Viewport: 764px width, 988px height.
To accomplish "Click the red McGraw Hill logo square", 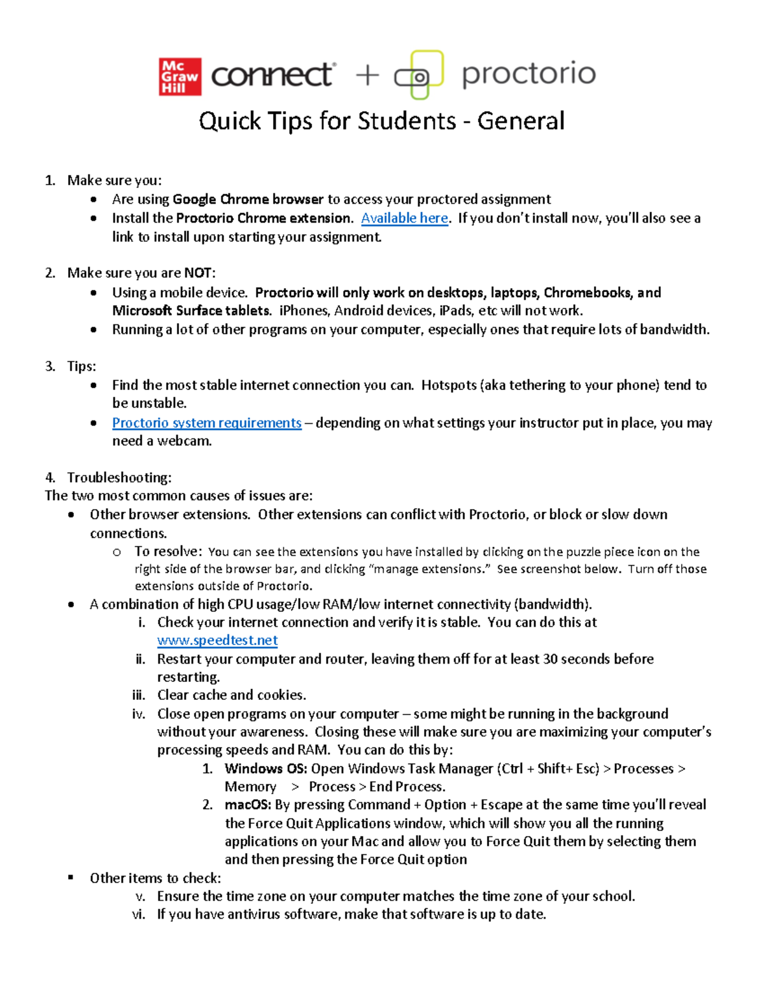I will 180,77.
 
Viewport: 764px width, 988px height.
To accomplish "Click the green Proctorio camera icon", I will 419,76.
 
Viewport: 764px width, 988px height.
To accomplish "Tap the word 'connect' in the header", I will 272,76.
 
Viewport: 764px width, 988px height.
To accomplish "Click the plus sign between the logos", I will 367,76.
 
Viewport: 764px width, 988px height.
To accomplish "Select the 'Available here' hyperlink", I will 404,218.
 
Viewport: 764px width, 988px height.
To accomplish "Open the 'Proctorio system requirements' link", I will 206,423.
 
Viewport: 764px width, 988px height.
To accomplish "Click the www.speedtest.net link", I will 217,641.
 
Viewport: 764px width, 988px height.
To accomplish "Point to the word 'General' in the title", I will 521,121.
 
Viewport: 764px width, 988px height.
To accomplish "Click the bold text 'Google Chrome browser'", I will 248,199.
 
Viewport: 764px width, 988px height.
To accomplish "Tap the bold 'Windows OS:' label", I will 265,769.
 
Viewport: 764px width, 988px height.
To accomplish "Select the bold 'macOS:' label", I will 248,805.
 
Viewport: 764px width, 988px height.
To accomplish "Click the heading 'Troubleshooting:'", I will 119,478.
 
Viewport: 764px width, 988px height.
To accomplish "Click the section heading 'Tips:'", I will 81,366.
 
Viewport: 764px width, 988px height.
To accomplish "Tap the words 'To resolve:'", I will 168,552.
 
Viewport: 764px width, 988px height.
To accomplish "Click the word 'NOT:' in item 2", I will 200,273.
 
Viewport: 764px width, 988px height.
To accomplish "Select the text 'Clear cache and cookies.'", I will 232,695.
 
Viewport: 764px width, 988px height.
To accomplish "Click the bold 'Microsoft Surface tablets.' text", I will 192,310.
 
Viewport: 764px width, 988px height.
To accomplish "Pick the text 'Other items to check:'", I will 155,878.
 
